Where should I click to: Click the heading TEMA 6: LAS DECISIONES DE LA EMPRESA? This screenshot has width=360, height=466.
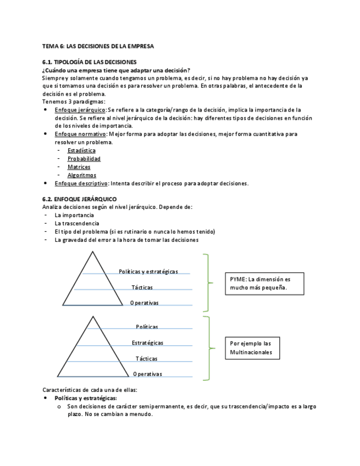coord(98,46)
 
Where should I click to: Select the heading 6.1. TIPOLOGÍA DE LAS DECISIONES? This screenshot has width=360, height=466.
coord(90,62)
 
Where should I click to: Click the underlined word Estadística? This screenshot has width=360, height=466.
coord(81,150)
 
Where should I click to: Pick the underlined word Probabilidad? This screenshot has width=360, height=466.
coord(84,159)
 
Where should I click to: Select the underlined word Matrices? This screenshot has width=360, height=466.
coord(79,167)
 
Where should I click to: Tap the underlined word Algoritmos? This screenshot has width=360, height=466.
coord(82,175)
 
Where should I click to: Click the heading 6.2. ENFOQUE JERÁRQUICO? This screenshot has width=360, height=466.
coord(79,198)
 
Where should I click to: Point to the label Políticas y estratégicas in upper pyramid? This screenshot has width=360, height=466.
coord(148,271)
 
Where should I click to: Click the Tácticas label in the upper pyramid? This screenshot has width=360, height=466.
coord(142,287)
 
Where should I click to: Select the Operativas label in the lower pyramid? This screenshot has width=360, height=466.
coord(147,374)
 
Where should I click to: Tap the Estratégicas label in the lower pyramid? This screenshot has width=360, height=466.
coord(147,343)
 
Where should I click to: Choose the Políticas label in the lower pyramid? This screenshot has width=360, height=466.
coord(147,327)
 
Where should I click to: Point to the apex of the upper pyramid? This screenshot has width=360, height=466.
coord(93,252)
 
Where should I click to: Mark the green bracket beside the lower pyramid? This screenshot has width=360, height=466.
coord(208,347)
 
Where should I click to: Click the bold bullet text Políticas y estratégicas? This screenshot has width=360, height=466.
coord(86,398)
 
